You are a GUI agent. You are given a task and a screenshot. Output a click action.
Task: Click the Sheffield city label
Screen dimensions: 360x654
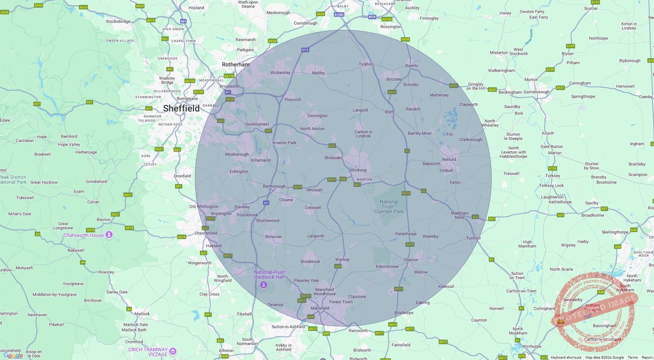(x=181, y=108)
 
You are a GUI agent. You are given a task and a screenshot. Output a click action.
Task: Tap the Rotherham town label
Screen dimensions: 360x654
(x=235, y=65)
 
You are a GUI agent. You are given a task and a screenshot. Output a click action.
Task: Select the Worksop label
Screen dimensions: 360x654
(x=358, y=170)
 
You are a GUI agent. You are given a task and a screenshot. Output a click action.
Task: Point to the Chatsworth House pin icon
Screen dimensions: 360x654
(x=109, y=235)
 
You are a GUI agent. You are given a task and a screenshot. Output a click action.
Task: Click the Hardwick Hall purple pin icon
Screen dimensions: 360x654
(x=264, y=284)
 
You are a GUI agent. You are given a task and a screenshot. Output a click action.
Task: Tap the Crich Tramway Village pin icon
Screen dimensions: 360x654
(x=173, y=351)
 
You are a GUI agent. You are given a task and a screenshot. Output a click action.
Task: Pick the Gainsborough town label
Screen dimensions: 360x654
(x=536, y=92)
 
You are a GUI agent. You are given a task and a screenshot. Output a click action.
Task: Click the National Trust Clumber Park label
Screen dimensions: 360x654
(x=389, y=206)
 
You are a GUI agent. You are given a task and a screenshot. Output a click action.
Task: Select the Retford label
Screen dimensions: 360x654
(x=449, y=159)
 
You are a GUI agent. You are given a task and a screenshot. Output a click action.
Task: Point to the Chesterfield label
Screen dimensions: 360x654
(x=206, y=233)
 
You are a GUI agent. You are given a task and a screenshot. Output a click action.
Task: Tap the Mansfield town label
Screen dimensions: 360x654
(x=320, y=308)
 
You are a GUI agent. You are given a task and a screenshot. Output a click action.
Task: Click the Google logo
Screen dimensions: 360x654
(x=13, y=356)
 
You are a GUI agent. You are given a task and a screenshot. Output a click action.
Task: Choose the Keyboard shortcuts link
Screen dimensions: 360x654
(x=566, y=358)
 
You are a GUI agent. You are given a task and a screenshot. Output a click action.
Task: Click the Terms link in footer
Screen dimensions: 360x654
(x=632, y=358)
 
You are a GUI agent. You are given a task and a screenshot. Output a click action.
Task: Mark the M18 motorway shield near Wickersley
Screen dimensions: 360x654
(x=305, y=50)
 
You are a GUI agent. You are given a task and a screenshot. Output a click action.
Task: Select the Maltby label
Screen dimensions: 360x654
(x=318, y=73)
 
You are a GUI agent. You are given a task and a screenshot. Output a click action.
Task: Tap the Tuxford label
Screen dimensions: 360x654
(x=473, y=238)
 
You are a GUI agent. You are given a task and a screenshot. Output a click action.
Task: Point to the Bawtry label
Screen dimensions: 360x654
(x=412, y=65)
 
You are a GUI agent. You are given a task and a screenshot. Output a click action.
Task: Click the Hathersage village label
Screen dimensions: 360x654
(x=86, y=152)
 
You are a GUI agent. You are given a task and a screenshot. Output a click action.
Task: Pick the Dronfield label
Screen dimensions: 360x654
(x=182, y=176)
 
